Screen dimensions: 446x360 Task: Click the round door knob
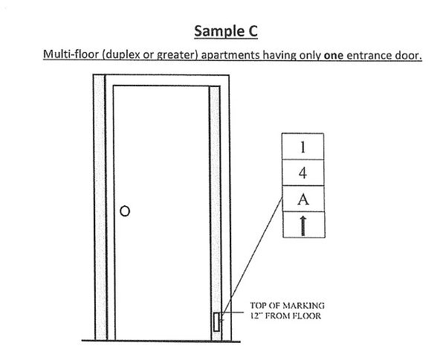pyautogui.click(x=125, y=211)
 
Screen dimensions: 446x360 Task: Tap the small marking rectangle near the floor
pyautogui.click(x=216, y=322)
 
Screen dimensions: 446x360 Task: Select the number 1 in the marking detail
pyautogui.click(x=303, y=147)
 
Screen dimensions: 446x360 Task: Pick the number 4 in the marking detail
pyautogui.click(x=303, y=173)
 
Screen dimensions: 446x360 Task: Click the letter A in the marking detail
pyautogui.click(x=303, y=199)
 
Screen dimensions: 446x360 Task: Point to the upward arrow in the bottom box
pyautogui.click(x=303, y=225)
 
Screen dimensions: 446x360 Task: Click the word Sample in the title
pyautogui.click(x=216, y=31)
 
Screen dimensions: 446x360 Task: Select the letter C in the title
pyautogui.click(x=251, y=31)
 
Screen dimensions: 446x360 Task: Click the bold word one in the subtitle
pyautogui.click(x=334, y=55)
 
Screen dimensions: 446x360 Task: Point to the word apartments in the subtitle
pyautogui.click(x=230, y=55)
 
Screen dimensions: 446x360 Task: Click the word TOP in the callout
pyautogui.click(x=258, y=306)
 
